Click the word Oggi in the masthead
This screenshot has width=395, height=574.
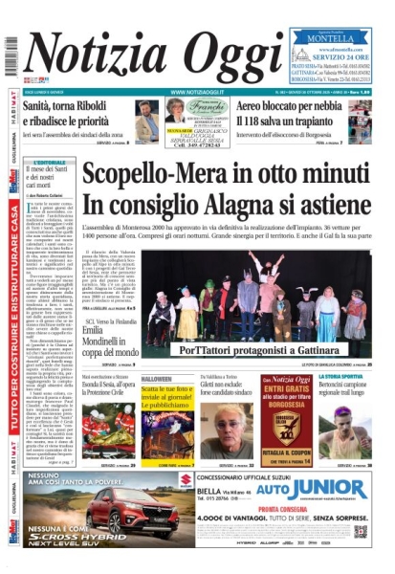(x=236, y=53)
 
